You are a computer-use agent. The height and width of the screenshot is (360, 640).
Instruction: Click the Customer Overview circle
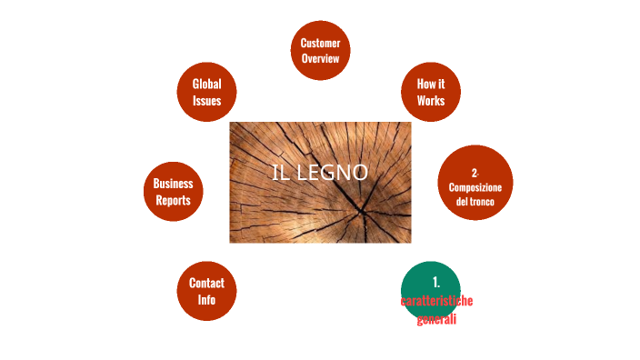click(x=320, y=51)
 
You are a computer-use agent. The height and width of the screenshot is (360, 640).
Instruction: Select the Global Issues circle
click(x=206, y=92)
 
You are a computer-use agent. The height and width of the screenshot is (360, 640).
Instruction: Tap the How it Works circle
click(x=430, y=92)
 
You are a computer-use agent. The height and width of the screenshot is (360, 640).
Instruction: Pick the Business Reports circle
click(x=173, y=191)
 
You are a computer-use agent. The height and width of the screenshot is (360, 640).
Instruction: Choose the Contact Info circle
click(x=206, y=291)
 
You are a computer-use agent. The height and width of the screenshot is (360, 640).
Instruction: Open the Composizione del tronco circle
click(x=475, y=183)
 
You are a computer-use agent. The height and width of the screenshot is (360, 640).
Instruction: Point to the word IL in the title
click(x=282, y=173)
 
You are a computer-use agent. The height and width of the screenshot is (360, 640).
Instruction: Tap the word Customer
click(x=320, y=44)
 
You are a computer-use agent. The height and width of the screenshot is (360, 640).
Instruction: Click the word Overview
click(x=320, y=58)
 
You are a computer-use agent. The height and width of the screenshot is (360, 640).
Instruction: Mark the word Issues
click(x=206, y=100)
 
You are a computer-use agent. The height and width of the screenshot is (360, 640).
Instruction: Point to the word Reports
click(x=173, y=199)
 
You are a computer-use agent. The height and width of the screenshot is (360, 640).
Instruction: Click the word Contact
click(x=206, y=283)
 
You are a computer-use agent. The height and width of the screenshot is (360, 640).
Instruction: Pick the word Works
click(x=431, y=100)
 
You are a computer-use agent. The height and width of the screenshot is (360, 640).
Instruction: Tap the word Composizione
click(x=475, y=186)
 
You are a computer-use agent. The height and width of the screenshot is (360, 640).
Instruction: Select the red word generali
click(x=436, y=318)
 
